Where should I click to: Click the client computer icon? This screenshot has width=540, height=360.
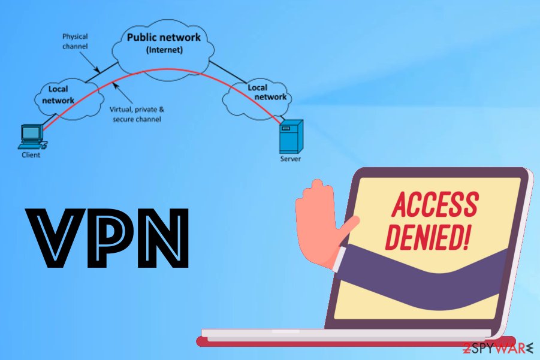coord(31,136)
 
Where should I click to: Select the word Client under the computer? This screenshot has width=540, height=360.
coord(31,155)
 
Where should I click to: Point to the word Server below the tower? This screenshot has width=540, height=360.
coord(291,159)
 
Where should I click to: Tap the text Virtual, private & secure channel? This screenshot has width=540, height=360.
coord(136,114)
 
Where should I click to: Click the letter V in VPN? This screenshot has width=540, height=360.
coord(53,238)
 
